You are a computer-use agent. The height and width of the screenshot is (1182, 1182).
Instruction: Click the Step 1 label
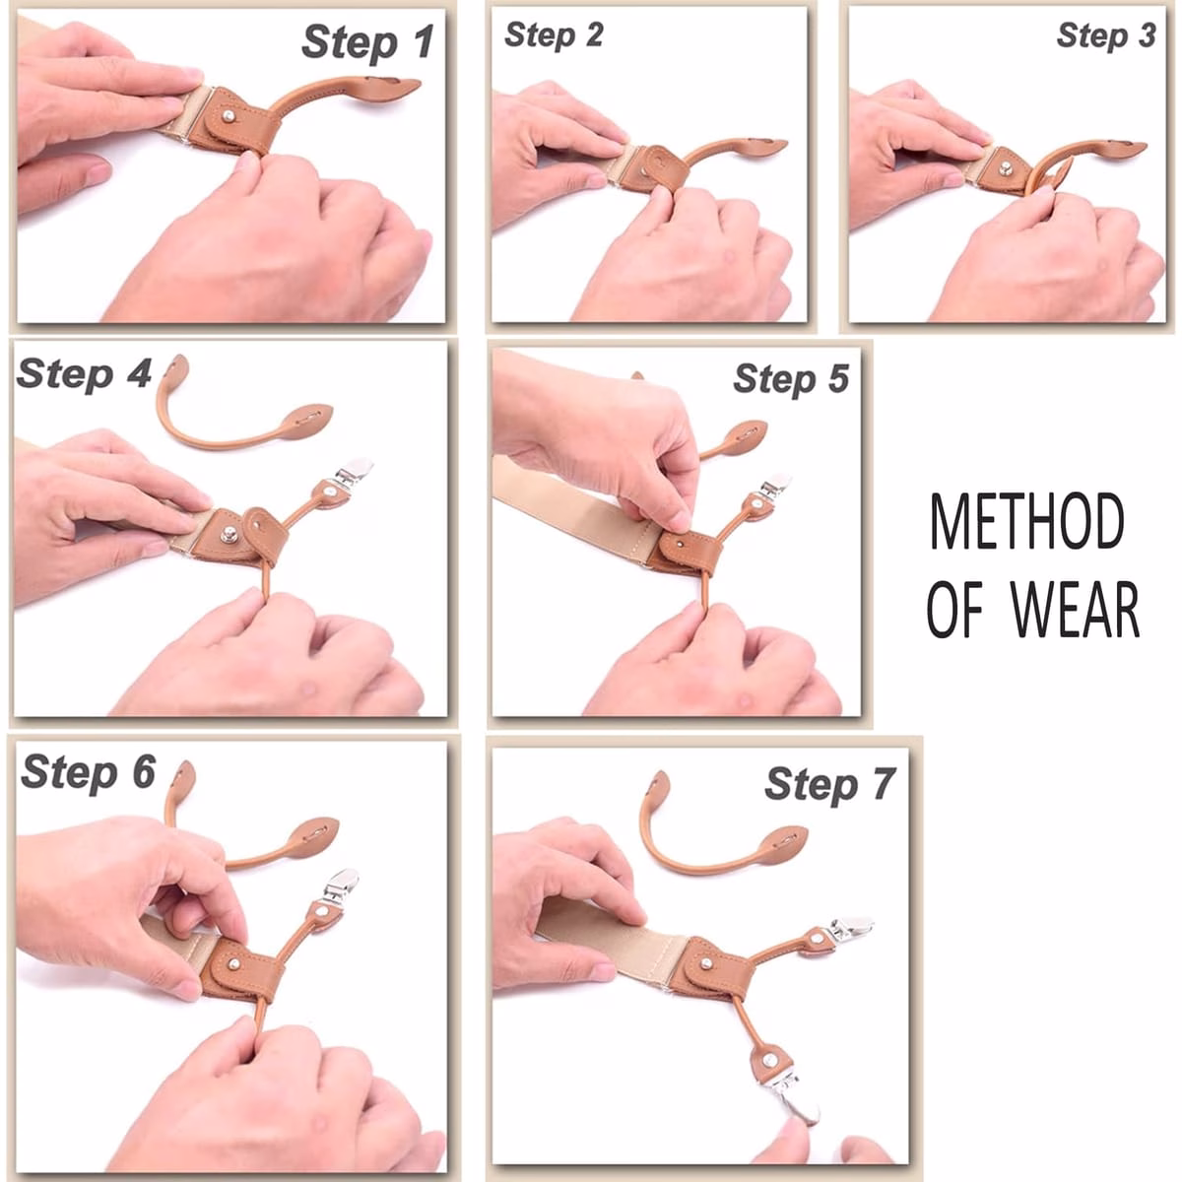pos(367,42)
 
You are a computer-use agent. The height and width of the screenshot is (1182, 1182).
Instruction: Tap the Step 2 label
pos(554,34)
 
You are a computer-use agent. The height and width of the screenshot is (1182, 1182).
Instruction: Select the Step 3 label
pos(1106,34)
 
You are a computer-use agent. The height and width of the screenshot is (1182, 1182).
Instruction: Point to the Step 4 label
pos(84,373)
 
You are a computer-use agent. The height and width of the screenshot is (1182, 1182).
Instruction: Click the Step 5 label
pos(791,378)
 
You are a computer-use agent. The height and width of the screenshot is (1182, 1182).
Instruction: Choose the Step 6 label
pos(89,771)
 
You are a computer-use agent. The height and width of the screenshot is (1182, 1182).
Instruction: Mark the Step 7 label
pos(830,784)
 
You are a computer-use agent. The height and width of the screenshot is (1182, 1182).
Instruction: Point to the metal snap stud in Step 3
pos(1006,167)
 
